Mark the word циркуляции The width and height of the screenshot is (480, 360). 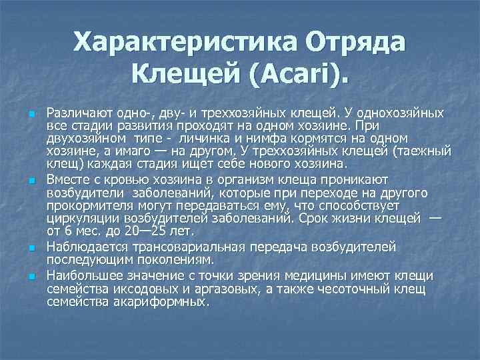point(77,217)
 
